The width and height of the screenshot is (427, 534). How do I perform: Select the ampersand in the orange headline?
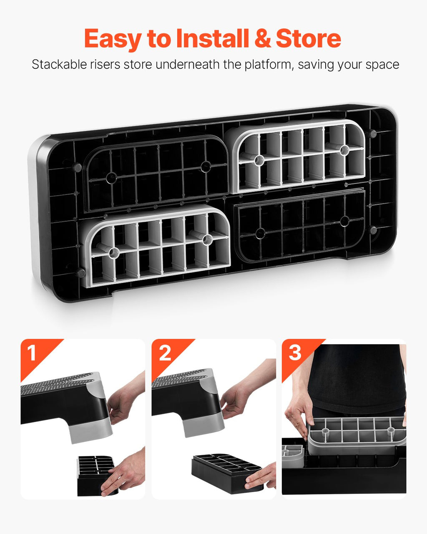(x=263, y=38)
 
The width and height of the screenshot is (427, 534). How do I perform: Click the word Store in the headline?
(x=309, y=38)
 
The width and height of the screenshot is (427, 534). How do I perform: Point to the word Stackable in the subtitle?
(x=59, y=64)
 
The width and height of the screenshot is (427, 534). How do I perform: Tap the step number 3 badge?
(x=295, y=353)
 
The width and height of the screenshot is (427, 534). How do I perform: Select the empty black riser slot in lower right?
(x=300, y=224)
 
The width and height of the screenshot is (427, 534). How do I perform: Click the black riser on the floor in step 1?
(x=96, y=476)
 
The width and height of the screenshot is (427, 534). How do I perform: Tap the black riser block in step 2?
(x=227, y=473)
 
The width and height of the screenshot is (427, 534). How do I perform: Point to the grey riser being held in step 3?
(x=357, y=436)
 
